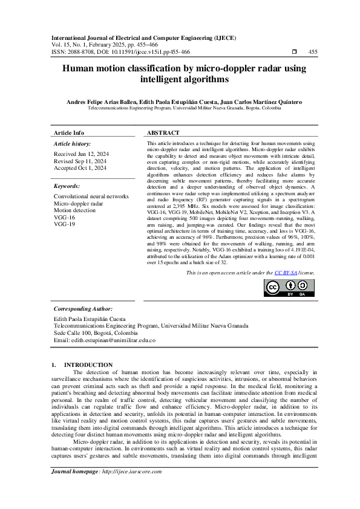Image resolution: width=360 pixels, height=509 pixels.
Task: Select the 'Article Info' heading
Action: pos(69,133)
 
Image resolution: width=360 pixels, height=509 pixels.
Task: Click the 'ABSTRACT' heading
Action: pos(163,133)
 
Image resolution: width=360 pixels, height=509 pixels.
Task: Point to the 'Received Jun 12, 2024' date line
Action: pos(80,155)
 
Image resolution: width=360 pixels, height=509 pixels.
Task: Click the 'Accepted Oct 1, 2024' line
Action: pos(80,168)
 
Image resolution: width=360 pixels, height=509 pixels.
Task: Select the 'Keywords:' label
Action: pos(67,186)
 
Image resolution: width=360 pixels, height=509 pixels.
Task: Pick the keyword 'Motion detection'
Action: pos(74,210)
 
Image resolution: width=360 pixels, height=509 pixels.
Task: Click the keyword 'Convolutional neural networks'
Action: pos(91,197)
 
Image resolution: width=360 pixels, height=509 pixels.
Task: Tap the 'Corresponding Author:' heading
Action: pos(83,309)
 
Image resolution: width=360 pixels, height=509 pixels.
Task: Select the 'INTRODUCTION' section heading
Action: pos(88,365)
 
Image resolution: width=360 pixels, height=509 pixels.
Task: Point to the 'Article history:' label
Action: pos(72,144)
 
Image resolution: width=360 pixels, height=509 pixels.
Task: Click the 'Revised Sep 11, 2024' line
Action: pos(79,161)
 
